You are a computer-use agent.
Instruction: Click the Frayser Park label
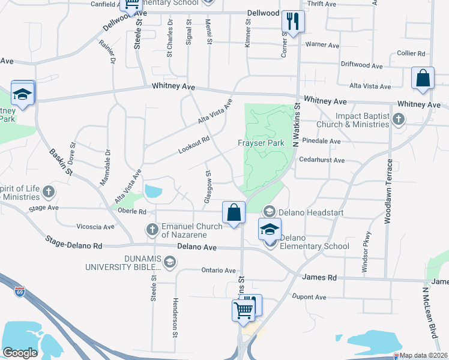coord(261,143)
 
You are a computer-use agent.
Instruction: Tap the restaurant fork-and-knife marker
coord(293,22)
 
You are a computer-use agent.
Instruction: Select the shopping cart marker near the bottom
coord(243,310)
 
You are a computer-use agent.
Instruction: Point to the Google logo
coord(20,353)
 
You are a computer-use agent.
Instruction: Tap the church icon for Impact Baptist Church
coord(397,119)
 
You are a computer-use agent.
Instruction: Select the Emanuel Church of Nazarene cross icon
coord(152,229)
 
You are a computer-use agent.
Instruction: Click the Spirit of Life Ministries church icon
coord(49,193)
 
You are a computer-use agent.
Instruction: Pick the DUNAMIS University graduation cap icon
coord(170,261)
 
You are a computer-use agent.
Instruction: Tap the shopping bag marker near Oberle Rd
coord(234,212)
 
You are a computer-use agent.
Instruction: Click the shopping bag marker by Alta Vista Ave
coord(423,78)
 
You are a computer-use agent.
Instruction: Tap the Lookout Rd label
coord(193,145)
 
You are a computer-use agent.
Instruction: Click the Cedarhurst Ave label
coord(323,161)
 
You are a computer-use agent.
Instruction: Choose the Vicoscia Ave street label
coord(95,227)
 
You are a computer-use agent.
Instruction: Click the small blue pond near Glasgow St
coord(153,192)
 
